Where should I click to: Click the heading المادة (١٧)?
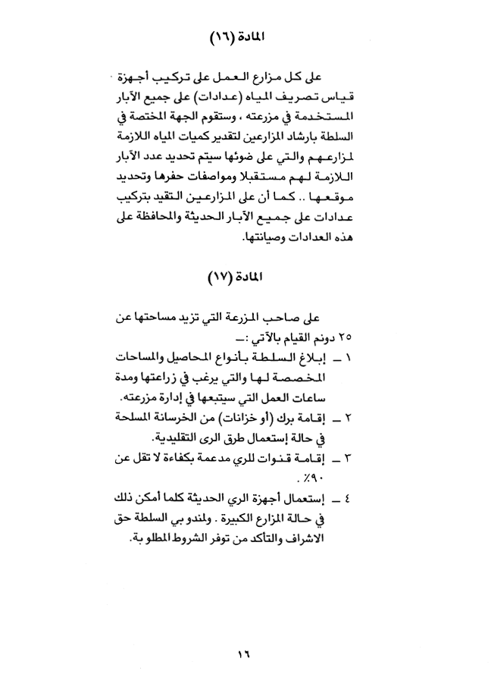coord(246,277)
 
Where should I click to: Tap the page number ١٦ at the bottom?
coord(245,653)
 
